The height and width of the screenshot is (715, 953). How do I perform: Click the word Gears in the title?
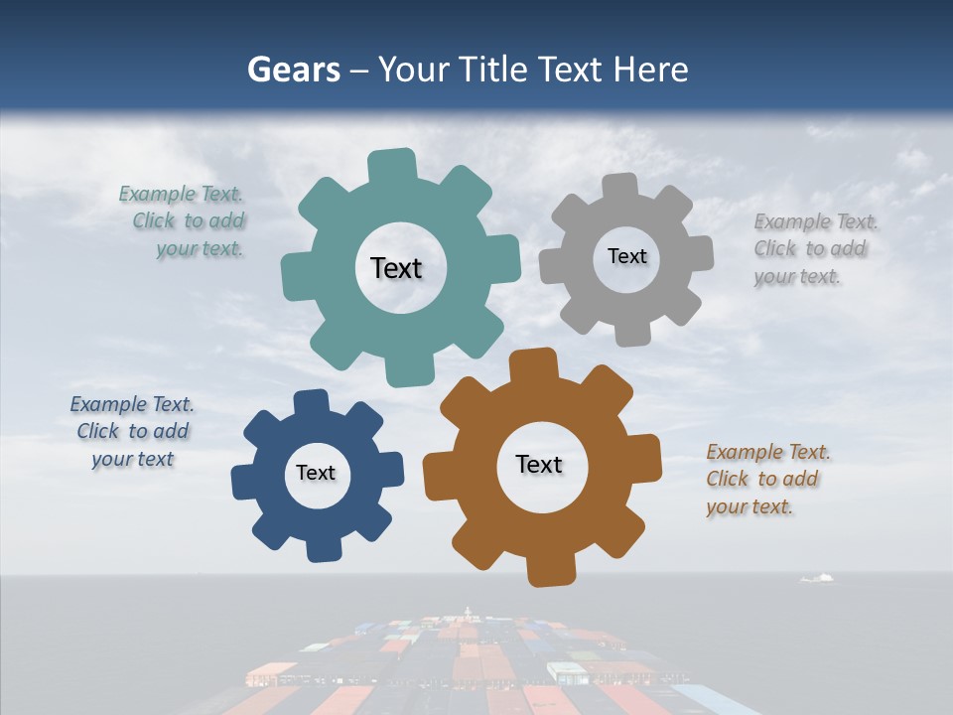(x=293, y=71)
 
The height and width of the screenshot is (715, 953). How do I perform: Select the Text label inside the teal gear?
(x=396, y=268)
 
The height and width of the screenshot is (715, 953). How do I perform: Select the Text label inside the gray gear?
(x=626, y=256)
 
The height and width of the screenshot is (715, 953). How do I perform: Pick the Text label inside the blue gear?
(x=316, y=473)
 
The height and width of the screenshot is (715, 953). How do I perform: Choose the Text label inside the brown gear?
(x=539, y=464)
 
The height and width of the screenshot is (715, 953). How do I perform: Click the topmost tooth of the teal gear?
(x=392, y=165)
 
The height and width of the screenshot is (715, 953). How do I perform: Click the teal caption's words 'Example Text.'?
(x=181, y=194)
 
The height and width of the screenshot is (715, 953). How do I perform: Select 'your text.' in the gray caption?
(x=796, y=277)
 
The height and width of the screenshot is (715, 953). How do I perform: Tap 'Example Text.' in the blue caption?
(x=132, y=404)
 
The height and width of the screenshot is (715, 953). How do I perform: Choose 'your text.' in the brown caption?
(x=749, y=506)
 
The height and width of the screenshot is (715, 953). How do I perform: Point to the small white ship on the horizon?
(x=816, y=578)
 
